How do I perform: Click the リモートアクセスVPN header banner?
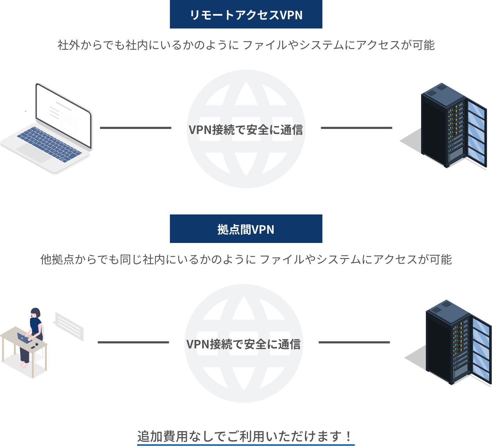point(246,14)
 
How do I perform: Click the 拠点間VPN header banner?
point(246,229)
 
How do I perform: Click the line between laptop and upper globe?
point(135,128)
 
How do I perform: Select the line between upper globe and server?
point(356,128)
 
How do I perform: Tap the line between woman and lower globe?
point(133,342)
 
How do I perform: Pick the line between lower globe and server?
point(354,342)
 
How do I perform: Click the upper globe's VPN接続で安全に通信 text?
point(246,130)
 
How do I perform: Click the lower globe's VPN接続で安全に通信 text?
point(243,344)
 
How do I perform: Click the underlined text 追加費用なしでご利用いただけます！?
point(246,436)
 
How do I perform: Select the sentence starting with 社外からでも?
point(246,45)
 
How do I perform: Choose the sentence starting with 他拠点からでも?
point(246,259)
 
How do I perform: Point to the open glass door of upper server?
point(477,134)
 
